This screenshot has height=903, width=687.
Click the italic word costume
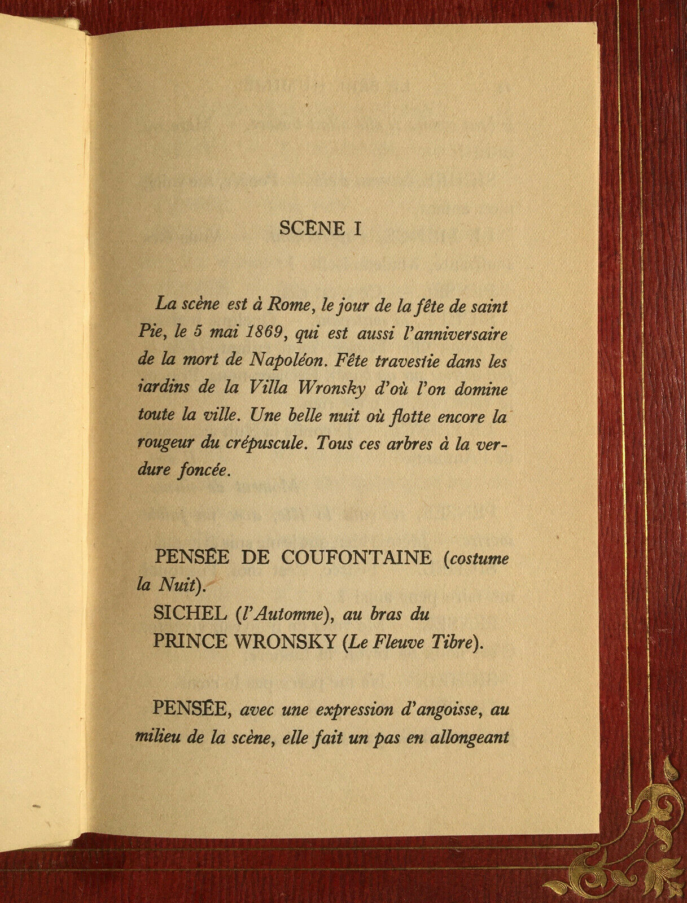click(x=478, y=559)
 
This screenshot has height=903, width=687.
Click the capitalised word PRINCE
click(x=190, y=642)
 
